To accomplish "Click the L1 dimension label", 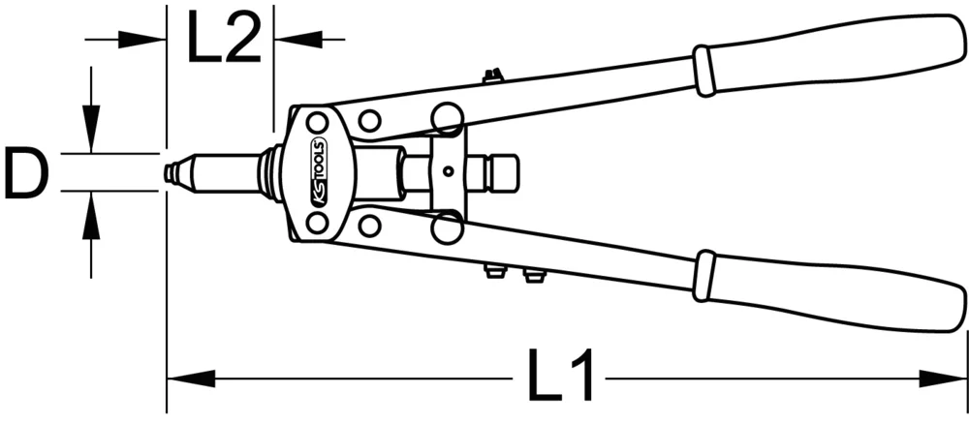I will pos(563,377).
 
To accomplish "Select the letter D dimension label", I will pos(26,173).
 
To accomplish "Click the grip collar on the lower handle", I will pos(704,276).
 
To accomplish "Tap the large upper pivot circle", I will pos(447,118).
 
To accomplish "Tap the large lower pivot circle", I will pos(447,228).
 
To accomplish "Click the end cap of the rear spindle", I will pos(504,174).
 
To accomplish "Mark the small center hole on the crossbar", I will pos(448,173).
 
